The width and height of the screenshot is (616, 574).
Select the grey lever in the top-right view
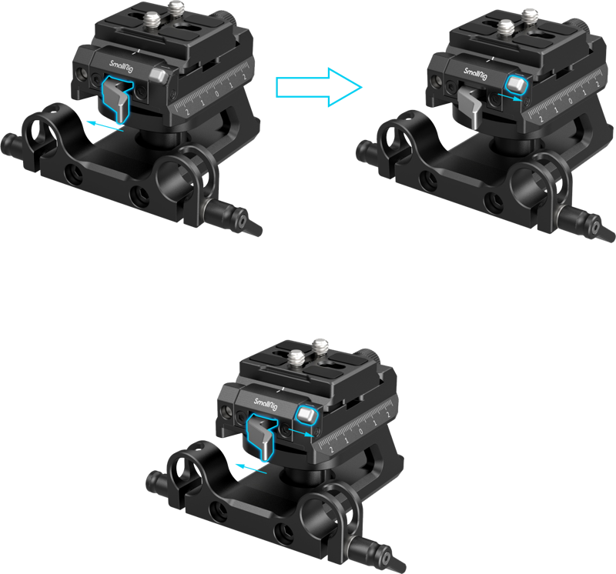(x=470, y=104)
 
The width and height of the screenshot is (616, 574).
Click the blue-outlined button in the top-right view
(x=514, y=84)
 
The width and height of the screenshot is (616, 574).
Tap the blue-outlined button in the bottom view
(x=304, y=416)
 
